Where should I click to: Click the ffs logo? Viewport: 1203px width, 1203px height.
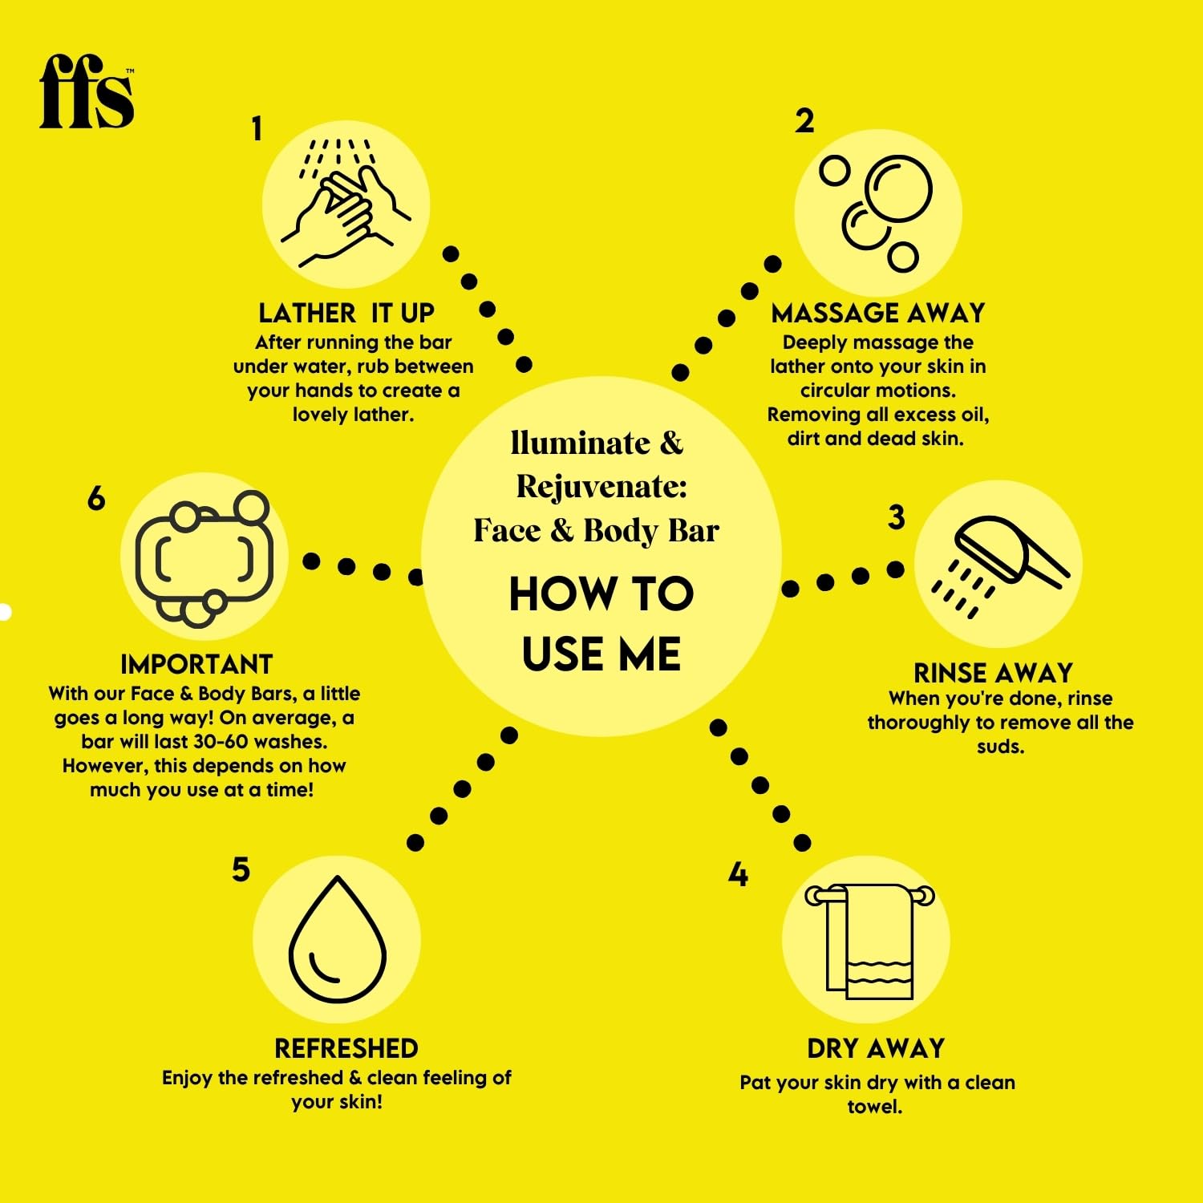click(87, 91)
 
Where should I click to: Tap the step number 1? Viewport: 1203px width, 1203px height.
click(257, 128)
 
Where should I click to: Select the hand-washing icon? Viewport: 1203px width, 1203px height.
click(346, 203)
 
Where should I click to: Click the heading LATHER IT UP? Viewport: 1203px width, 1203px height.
click(346, 312)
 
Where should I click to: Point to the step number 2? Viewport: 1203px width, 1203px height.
click(804, 121)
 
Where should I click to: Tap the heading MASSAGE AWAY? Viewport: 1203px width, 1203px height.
click(878, 312)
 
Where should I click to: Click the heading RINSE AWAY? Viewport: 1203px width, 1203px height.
click(993, 672)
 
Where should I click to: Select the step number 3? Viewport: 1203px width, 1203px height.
click(897, 517)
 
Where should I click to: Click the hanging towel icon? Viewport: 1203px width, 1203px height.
click(870, 941)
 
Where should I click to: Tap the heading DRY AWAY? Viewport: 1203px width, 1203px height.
click(876, 1048)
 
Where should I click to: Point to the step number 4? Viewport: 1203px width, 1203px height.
click(738, 874)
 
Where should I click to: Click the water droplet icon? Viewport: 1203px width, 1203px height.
click(338, 938)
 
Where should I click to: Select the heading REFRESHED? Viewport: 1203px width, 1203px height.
click(346, 1048)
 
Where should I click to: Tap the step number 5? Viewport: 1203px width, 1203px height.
click(241, 870)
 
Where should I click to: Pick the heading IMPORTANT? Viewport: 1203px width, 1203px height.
click(196, 664)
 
